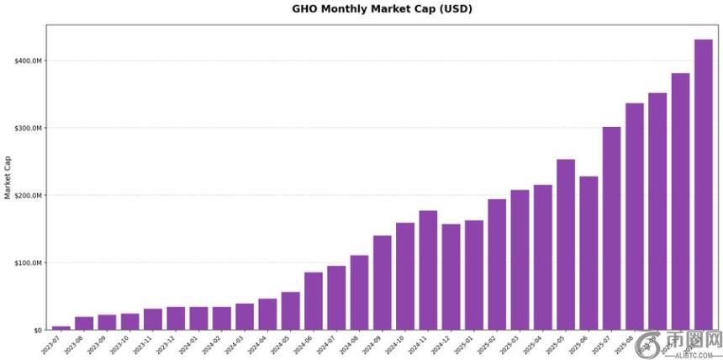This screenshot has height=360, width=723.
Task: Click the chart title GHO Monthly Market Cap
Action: pyautogui.click(x=382, y=9)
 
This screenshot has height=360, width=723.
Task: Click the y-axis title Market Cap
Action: pyautogui.click(x=8, y=177)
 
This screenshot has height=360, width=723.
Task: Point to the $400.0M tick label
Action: pyautogui.click(x=28, y=61)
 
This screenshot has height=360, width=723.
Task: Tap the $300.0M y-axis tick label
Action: pyautogui.click(x=28, y=128)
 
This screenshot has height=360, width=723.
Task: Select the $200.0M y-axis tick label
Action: pyautogui.click(x=28, y=195)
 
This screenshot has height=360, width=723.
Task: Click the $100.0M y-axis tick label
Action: pyautogui.click(x=28, y=262)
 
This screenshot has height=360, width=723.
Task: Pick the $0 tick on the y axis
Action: pyautogui.click(x=37, y=330)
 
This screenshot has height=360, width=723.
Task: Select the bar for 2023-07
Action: pyautogui.click(x=61, y=327)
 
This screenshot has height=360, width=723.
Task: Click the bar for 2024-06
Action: pyautogui.click(x=314, y=300)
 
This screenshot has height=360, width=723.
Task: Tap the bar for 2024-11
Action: pyautogui.click(x=428, y=269)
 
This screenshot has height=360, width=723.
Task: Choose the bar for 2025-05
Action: pyautogui.click(x=566, y=244)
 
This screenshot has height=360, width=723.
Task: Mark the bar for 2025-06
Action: pyautogui.click(x=588, y=252)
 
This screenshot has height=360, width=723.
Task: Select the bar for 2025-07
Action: pyautogui.click(x=611, y=228)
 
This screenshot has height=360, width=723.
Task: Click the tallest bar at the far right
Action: pyautogui.click(x=703, y=184)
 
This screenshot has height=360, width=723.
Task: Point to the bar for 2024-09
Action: pyautogui.click(x=383, y=282)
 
